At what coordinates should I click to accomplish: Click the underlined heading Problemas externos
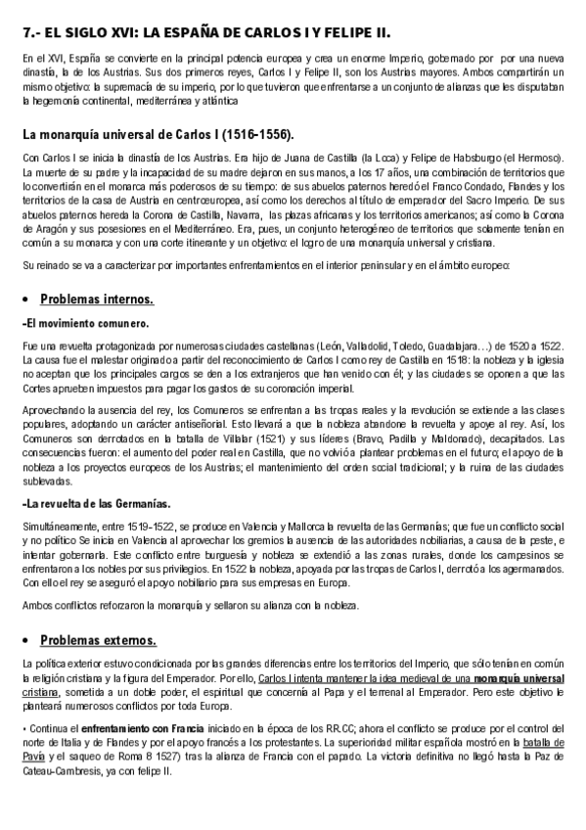tap(98, 640)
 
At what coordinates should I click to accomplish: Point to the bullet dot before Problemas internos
tap(26, 299)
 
